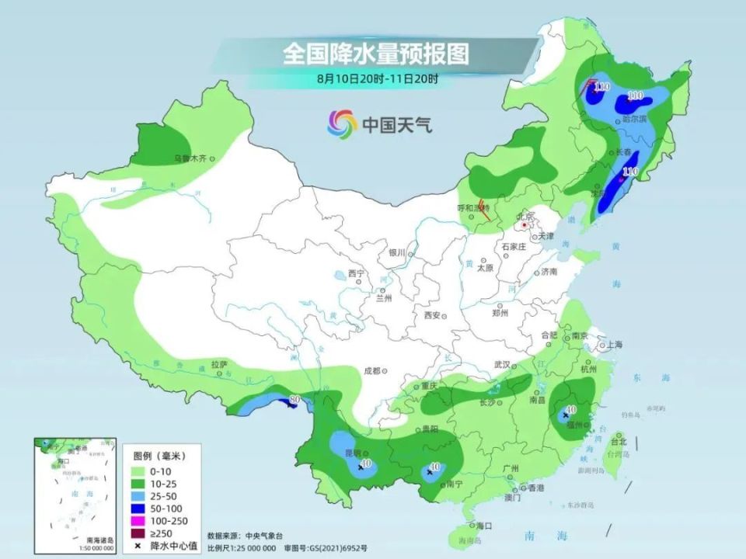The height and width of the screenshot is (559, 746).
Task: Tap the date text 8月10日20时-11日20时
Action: [377, 78]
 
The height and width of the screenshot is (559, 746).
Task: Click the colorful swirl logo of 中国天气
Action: [342, 123]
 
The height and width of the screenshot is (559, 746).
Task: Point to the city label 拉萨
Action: [218, 363]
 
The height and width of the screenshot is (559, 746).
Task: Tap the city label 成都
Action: [371, 370]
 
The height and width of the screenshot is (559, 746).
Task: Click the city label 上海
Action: [613, 344]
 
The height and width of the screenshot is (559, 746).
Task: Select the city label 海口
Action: [484, 526]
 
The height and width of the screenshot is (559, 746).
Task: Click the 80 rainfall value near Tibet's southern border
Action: [295, 399]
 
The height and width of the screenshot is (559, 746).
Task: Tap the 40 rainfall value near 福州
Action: [570, 409]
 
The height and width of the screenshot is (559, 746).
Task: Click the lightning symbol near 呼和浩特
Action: [482, 208]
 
